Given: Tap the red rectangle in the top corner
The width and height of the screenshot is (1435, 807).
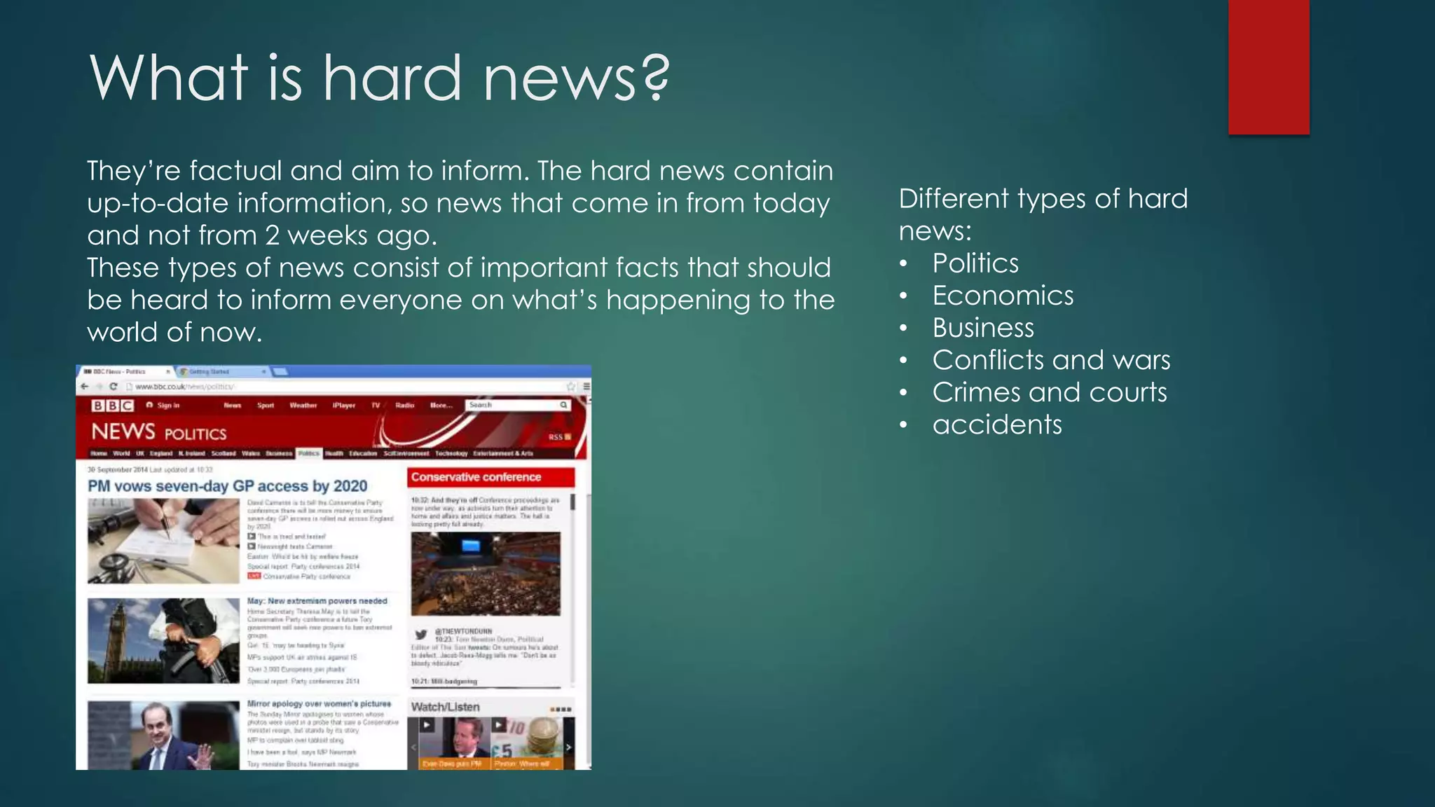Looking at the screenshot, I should click(x=1268, y=67).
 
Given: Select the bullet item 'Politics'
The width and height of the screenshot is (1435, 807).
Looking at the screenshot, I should click(x=975, y=263).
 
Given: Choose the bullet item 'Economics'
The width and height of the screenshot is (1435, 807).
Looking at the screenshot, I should click(x=1003, y=296).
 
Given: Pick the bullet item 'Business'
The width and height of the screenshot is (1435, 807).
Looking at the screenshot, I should click(x=983, y=328).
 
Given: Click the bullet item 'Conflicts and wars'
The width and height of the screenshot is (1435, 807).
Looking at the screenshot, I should click(x=1051, y=360).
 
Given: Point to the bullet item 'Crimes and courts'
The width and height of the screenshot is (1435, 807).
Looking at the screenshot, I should click(x=1050, y=392).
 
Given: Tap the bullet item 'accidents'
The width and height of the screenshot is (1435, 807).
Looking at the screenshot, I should click(x=997, y=425).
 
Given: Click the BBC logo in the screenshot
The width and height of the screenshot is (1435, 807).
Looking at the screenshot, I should click(x=112, y=406).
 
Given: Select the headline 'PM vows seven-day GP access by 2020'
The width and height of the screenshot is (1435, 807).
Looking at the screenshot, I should click(x=228, y=485).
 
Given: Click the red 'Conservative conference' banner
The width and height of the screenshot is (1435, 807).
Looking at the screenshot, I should click(x=490, y=477).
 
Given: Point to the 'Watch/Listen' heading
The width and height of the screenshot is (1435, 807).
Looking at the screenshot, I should click(x=446, y=707).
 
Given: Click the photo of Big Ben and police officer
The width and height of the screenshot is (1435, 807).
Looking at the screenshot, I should click(x=163, y=640).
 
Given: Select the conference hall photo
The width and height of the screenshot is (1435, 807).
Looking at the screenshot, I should click(x=486, y=573).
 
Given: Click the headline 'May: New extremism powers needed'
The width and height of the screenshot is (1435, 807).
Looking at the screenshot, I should click(x=317, y=601).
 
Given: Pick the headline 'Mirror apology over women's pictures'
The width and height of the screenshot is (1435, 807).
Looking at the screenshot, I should click(x=319, y=703).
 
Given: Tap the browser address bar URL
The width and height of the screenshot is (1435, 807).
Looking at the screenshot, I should click(x=184, y=387).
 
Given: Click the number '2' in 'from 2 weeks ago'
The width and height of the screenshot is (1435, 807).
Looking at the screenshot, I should click(x=273, y=235).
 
